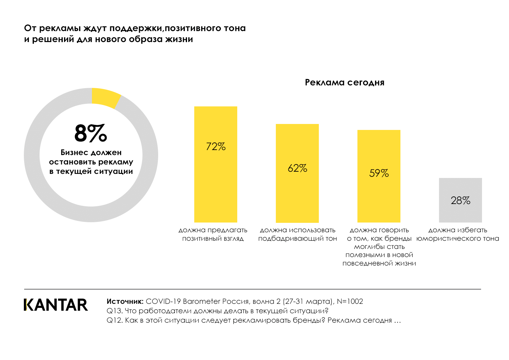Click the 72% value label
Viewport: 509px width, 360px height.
coord(216,147)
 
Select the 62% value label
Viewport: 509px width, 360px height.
coord(297,168)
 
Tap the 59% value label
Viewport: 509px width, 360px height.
coord(379,173)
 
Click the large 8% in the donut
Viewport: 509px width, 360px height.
coord(91,133)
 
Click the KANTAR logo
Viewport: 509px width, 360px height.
coord(56,305)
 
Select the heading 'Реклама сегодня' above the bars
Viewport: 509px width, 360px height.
coord(345,83)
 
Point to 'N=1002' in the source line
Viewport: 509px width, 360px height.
coord(350,302)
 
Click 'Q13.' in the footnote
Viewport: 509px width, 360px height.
coord(115,311)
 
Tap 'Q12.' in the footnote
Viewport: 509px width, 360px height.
coord(115,320)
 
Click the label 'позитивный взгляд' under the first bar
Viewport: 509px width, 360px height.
coord(213,239)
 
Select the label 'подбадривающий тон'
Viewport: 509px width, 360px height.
coord(297,239)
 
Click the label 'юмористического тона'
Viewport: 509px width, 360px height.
coord(458,239)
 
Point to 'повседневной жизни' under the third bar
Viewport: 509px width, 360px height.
coord(379,263)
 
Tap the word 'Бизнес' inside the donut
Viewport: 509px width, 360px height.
coord(74,153)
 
